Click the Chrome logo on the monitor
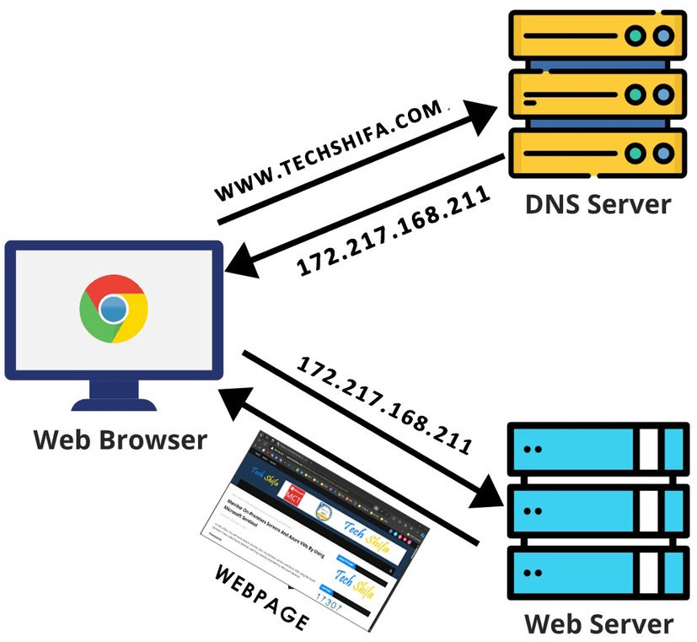click(x=113, y=309)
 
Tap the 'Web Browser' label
click(x=120, y=440)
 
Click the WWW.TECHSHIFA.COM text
click(x=330, y=152)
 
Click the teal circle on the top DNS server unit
click(x=637, y=37)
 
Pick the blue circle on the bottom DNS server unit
click(x=665, y=153)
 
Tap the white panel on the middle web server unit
click(x=648, y=511)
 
